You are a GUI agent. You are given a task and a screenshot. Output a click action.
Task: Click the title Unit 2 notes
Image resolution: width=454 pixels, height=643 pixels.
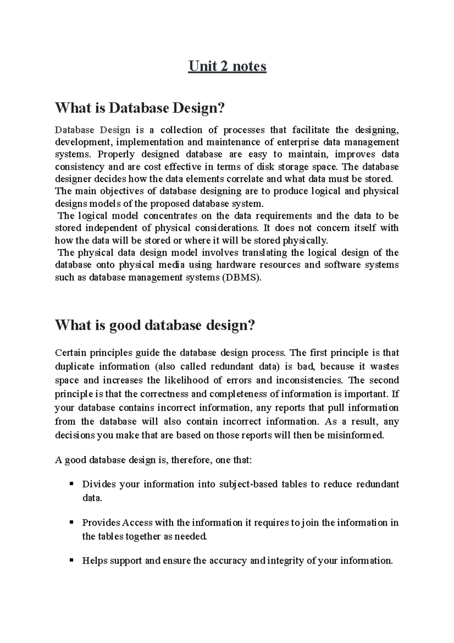(x=227, y=67)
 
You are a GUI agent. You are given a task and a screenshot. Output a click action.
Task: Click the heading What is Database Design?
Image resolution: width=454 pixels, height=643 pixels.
(x=140, y=108)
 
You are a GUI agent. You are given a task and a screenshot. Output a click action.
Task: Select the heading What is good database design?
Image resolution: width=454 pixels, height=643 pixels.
(x=155, y=325)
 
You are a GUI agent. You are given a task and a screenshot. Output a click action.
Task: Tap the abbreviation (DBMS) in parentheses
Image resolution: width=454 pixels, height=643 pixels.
(x=242, y=277)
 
